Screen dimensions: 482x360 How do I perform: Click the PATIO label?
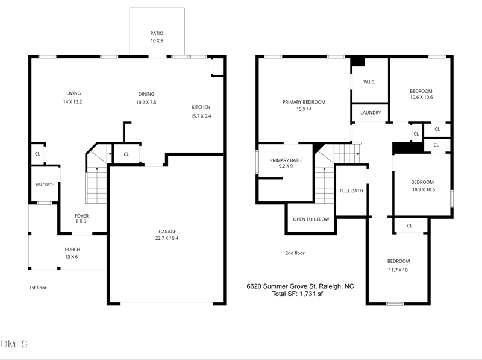point(157,33)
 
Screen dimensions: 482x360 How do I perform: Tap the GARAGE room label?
point(167,232)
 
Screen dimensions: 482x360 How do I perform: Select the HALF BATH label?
point(45,185)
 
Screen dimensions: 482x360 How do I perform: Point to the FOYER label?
point(81,216)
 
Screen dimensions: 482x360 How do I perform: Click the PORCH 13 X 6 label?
point(72,253)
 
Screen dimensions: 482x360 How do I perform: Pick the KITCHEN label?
point(201,107)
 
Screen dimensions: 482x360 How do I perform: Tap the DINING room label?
point(146,94)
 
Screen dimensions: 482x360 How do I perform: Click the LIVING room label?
point(74,93)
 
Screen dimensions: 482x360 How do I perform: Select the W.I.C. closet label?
point(369,82)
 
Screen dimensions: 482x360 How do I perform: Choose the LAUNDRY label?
point(371,113)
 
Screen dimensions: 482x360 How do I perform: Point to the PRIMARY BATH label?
point(286,160)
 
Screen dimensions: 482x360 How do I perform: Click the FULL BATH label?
point(351,191)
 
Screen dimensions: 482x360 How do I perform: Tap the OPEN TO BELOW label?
point(311,219)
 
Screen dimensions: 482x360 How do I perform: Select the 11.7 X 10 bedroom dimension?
point(398,270)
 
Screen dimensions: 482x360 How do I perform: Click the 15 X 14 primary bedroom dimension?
point(304,109)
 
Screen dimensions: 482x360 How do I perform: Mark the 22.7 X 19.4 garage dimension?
point(167,238)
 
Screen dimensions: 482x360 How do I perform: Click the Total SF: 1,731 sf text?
point(297,294)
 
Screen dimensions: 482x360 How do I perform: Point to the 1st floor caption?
point(38,288)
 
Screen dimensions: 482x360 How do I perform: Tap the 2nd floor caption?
point(295,253)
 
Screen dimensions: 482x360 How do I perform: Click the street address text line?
point(300,286)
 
